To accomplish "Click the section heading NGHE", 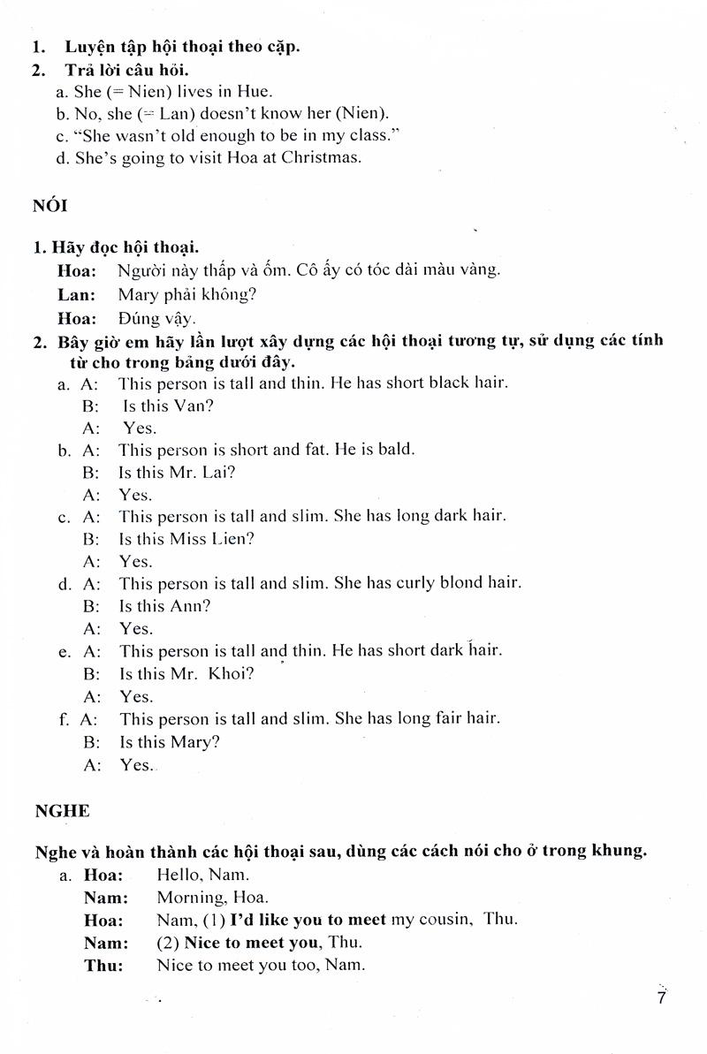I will coord(62,810).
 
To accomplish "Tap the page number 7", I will coord(661,997).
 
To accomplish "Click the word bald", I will coord(395,449).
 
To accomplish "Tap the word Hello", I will coord(178,876).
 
